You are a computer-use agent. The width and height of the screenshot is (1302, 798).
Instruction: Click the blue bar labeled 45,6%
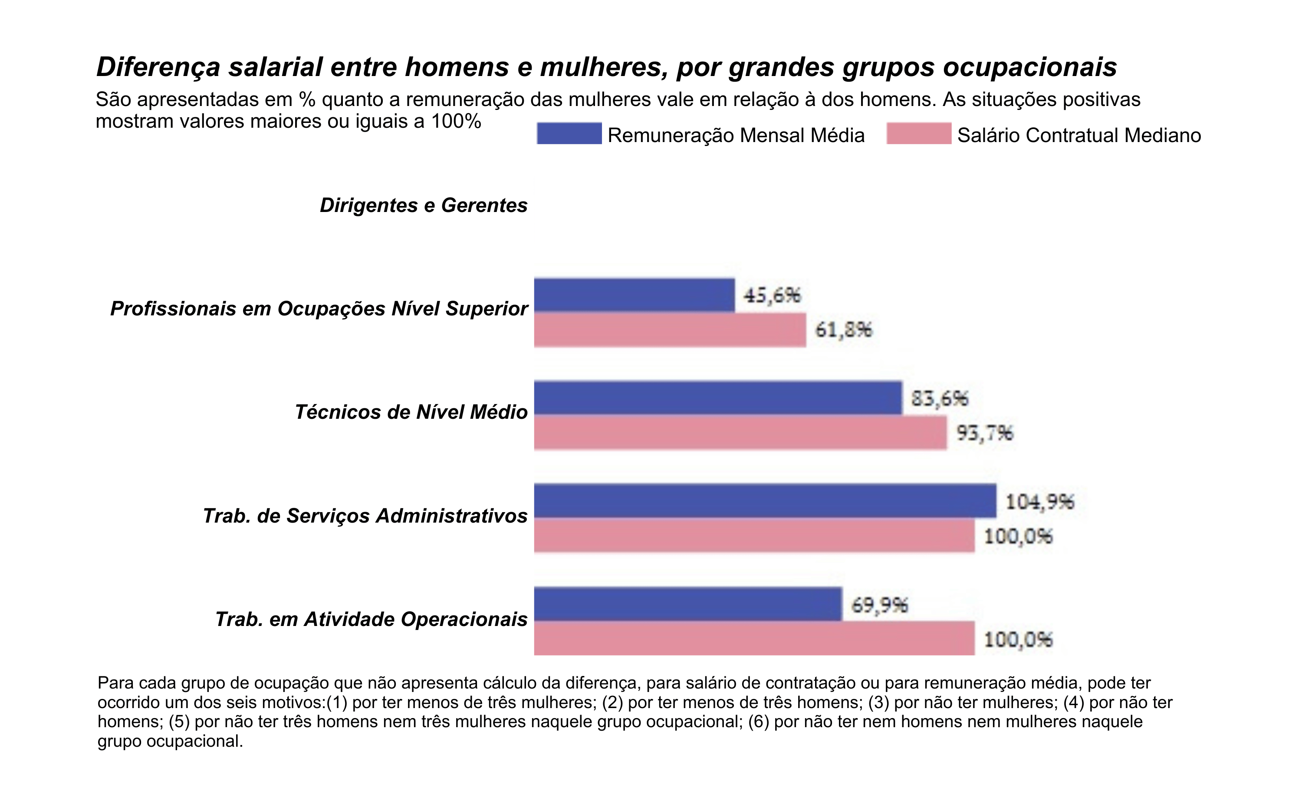point(634,295)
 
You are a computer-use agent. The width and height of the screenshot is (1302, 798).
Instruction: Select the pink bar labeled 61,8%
point(670,330)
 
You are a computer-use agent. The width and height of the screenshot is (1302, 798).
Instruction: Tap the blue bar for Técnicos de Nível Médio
point(717,397)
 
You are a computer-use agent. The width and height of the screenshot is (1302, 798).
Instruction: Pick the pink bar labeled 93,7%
point(740,433)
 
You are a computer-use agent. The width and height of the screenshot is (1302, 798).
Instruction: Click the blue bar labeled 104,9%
point(765,501)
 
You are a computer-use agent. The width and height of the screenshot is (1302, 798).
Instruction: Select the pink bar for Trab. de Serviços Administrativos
point(754,536)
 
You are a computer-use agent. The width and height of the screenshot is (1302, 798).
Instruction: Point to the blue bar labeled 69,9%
point(687,604)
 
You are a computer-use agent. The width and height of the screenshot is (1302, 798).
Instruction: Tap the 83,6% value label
point(940,398)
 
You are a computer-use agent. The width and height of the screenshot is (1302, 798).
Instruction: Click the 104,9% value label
point(1039,501)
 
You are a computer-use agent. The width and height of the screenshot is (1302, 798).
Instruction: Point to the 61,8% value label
point(843,330)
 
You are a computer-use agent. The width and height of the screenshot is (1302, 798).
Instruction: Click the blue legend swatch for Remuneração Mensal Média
point(569,133)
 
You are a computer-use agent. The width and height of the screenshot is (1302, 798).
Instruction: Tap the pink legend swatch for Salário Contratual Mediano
point(918,133)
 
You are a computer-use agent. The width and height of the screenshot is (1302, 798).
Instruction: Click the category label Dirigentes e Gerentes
point(423,205)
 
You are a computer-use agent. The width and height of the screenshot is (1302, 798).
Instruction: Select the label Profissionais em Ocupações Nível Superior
point(319,308)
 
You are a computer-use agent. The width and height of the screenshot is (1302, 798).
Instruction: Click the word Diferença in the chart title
point(158,67)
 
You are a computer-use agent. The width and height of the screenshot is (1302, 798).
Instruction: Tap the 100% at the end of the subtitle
point(456,122)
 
